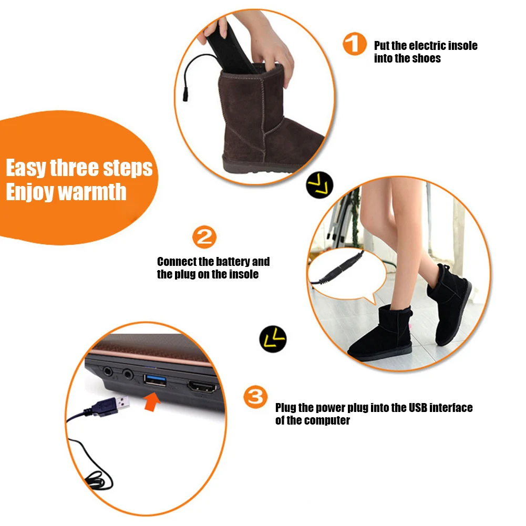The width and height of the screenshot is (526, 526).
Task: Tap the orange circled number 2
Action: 204,238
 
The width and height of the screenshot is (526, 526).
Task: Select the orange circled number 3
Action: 256,397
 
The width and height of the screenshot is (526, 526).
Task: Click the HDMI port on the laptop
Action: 202,388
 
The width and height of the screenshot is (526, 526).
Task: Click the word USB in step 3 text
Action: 418,408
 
